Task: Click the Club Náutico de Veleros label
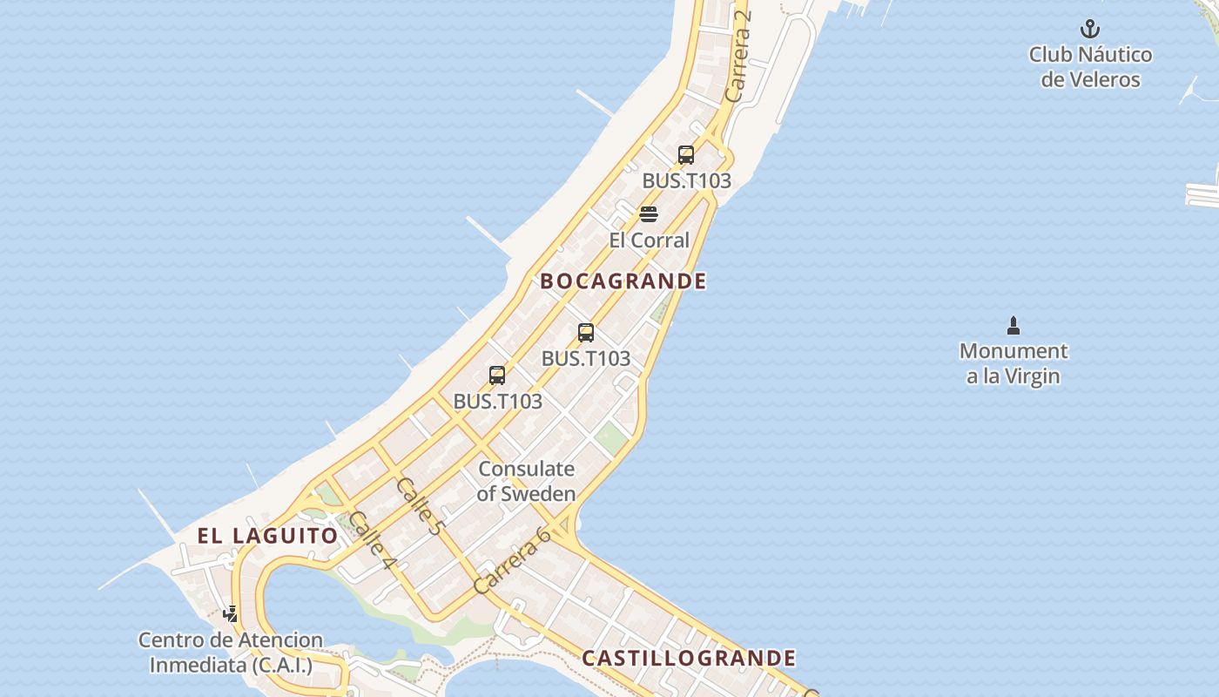click(x=1090, y=67)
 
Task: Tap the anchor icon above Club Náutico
click(x=1090, y=30)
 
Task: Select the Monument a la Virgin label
click(x=1014, y=364)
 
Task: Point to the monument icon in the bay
click(x=1013, y=326)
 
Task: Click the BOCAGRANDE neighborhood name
click(x=623, y=281)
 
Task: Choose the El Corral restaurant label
click(x=649, y=240)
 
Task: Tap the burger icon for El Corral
click(x=649, y=214)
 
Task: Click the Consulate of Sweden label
click(x=527, y=481)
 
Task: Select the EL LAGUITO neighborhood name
click(x=267, y=536)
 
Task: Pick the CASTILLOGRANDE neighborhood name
click(x=689, y=659)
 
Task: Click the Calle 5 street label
click(x=420, y=505)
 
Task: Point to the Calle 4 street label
click(x=372, y=540)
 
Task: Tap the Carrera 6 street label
click(x=512, y=560)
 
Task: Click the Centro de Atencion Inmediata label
click(x=231, y=653)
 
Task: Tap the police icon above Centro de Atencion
click(x=231, y=614)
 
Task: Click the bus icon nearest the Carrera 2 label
click(x=686, y=155)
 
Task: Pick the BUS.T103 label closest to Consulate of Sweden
click(x=498, y=402)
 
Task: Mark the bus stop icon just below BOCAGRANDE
click(x=586, y=332)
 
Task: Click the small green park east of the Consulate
click(x=612, y=438)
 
